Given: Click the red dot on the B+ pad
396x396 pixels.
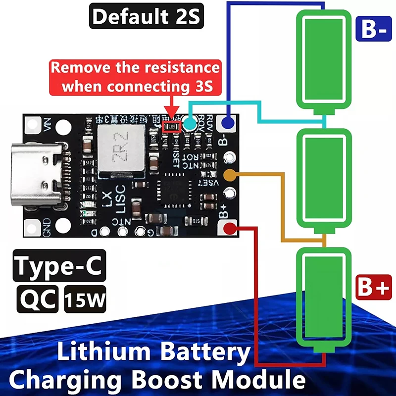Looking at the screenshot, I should click(230, 228).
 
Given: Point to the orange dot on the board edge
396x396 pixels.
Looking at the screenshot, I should click(229, 175).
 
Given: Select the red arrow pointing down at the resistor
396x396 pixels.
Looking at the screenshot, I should click(172, 106).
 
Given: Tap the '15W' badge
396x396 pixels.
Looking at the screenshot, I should click(85, 299).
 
